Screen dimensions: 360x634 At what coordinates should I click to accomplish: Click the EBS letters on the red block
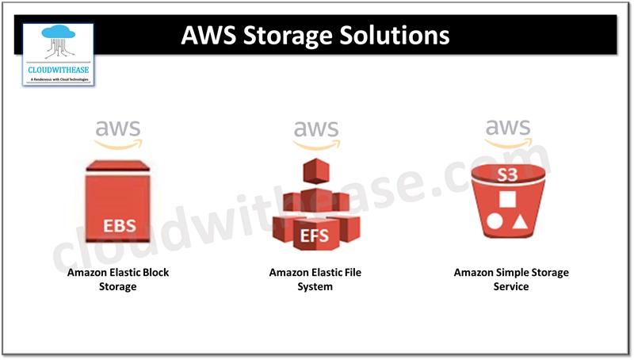[118, 226]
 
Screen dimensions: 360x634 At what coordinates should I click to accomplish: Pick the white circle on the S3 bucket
[495, 221]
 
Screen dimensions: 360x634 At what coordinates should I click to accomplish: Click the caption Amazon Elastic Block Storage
[118, 279]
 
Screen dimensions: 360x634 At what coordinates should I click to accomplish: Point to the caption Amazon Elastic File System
[315, 279]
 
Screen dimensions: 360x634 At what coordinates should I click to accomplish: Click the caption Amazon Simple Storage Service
[511, 279]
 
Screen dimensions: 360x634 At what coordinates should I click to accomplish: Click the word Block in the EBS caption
[153, 273]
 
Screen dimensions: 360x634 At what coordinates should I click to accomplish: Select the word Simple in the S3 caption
[516, 273]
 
